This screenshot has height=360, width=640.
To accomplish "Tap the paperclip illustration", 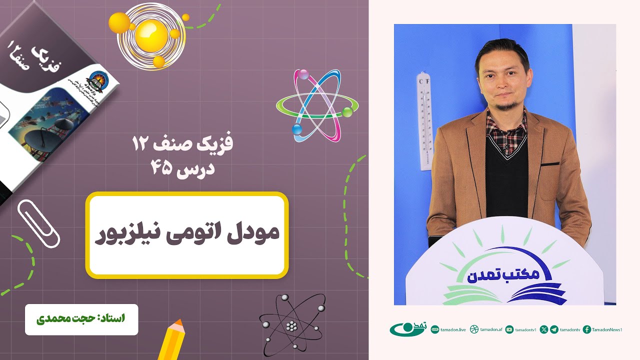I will pos(38,223).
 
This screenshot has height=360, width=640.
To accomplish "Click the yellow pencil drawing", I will pos(170,340).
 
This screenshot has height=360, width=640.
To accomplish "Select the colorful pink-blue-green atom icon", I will pos(317,105).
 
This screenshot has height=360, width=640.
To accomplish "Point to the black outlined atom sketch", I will pos(291,324).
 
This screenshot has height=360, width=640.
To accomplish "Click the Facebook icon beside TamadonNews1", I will pos(587,329).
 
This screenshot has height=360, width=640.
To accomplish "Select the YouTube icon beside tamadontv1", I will pos(509,329).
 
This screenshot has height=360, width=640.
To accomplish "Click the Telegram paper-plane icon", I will pos(554,329).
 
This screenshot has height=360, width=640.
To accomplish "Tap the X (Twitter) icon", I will pos(544,329).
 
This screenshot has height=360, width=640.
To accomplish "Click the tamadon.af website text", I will pos(489,329).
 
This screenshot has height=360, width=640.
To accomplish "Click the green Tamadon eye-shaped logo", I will pos(407,329).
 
